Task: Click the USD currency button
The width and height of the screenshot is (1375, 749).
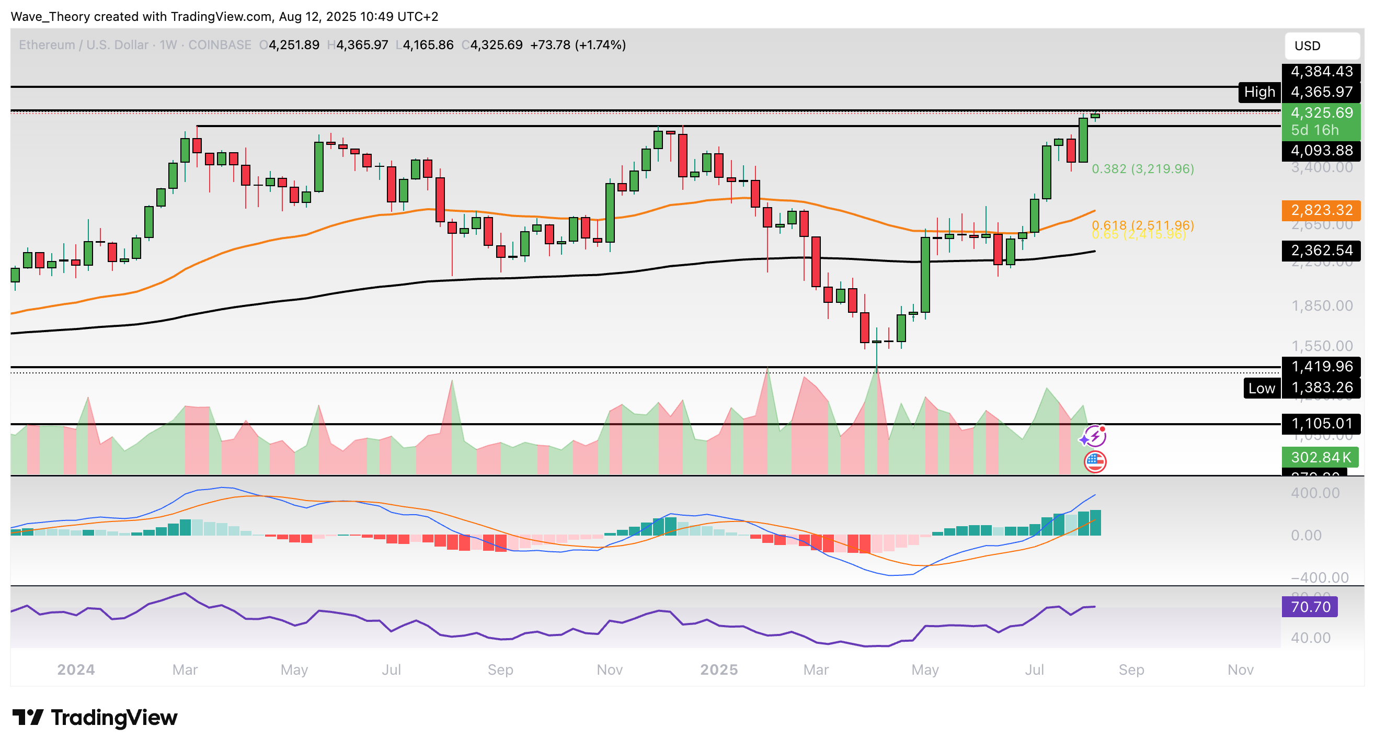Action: pos(1321,46)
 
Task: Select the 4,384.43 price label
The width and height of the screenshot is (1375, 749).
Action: pos(1321,71)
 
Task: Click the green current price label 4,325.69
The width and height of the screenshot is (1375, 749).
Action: pos(1321,112)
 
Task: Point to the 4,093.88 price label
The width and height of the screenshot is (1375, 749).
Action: pos(1321,151)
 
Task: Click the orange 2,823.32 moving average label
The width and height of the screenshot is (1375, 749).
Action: pos(1321,210)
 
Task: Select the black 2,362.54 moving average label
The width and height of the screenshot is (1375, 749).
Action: pos(1321,250)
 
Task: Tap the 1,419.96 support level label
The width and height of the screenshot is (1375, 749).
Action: pos(1321,366)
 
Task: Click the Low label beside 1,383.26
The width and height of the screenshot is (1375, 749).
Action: pos(1261,388)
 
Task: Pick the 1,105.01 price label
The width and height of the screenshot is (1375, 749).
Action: pos(1321,423)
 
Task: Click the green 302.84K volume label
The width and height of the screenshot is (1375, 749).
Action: pos(1320,457)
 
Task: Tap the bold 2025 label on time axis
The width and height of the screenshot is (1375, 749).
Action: pos(718,669)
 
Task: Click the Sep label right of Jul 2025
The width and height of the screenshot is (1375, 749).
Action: pos(1131,669)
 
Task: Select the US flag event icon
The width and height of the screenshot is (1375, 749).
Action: pos(1095,461)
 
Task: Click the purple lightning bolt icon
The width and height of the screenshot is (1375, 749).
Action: pos(1094,437)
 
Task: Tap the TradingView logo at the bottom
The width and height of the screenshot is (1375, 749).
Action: pos(95,718)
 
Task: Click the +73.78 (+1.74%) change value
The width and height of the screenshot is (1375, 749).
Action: pos(578,45)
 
